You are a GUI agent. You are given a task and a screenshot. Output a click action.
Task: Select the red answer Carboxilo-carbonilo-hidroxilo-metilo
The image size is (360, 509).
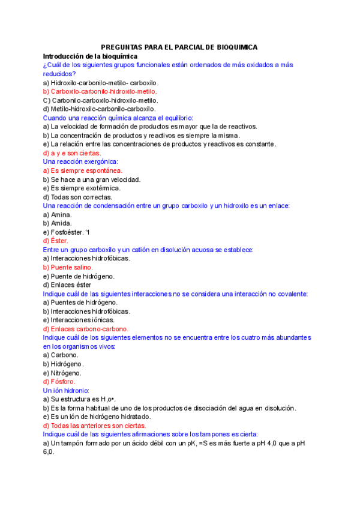click(x=100, y=91)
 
